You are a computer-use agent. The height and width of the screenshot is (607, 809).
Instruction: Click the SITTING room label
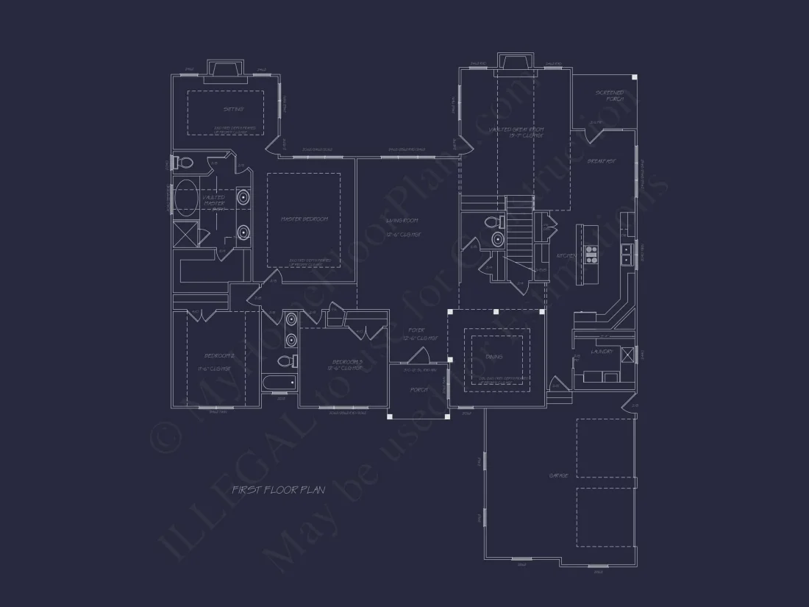233,110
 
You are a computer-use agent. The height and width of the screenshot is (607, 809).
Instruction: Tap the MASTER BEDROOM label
304,219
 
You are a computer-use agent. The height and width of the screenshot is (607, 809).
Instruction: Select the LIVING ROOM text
402,221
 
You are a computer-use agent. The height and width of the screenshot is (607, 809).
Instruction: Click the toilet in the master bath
184,163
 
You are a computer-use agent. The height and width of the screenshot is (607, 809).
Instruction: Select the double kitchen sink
626,254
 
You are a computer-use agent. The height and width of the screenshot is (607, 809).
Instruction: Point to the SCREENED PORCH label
610,96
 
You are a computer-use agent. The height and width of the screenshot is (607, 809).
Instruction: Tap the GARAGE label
558,476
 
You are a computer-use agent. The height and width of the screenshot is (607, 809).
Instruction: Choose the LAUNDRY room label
602,352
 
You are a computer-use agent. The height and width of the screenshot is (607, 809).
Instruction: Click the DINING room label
494,357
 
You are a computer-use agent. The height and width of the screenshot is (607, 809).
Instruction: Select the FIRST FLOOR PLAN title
279,489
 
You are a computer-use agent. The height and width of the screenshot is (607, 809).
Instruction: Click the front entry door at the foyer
418,357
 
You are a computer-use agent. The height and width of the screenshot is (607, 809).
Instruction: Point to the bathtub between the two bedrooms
279,383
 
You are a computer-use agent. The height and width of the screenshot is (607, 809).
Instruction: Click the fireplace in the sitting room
224,68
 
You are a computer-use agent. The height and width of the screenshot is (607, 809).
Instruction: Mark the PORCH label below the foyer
418,390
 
